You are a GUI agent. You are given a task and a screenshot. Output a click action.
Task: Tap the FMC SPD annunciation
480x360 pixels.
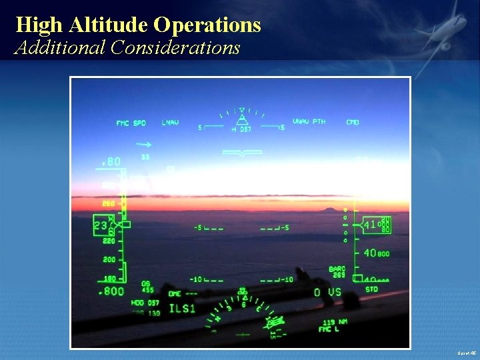tap(131, 123)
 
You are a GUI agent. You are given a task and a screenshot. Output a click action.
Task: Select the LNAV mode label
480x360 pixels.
tap(171, 123)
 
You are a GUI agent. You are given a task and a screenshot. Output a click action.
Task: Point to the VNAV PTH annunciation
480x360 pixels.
tap(309, 122)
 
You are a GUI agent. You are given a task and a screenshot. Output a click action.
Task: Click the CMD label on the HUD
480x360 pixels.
tap(353, 123)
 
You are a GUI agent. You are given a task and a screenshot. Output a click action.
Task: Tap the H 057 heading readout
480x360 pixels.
tap(241, 129)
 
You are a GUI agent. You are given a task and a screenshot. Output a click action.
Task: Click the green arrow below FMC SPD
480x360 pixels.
tap(145, 143)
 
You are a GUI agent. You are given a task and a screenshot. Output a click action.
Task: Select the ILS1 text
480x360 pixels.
tap(183, 308)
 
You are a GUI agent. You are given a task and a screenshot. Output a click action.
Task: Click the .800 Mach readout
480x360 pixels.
tap(111, 291)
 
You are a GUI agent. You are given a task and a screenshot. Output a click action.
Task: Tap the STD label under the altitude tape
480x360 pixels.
tap(371, 289)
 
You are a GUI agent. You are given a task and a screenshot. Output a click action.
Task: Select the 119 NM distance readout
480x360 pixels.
tap(329, 322)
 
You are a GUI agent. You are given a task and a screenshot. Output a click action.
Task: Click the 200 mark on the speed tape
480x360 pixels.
tap(109, 260)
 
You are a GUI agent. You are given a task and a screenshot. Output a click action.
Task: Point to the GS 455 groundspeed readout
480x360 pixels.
tap(147, 287)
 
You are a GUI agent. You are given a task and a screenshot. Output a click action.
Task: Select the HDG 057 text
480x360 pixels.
tap(145, 303)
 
